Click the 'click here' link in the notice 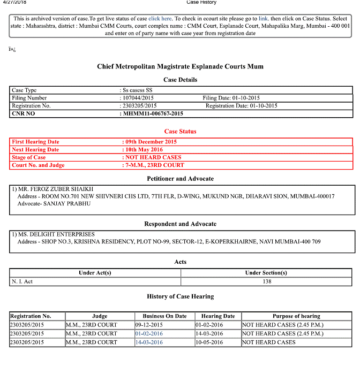[160, 19]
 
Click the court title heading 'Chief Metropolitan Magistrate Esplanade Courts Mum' [180, 67]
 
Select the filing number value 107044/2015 [139, 98]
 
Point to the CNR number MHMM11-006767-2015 [153, 113]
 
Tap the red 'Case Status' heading [180, 131]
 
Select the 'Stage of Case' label [29, 157]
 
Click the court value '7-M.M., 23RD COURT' [154, 165]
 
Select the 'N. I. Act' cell [22, 281]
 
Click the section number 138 [267, 281]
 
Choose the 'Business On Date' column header [164, 316]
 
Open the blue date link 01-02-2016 [149, 333]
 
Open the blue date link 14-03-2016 [149, 342]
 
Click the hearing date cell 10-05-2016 [208, 342]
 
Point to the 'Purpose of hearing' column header [296, 316]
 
